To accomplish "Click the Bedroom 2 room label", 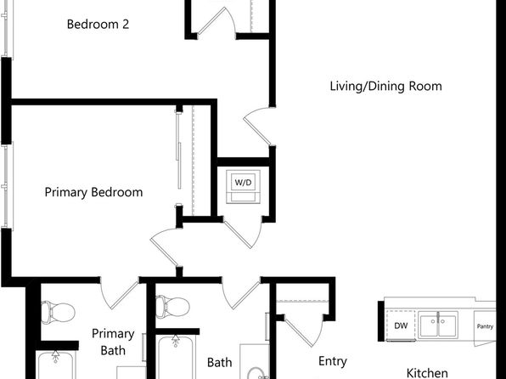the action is pos(98,25).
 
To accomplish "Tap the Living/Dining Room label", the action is pos(385,87).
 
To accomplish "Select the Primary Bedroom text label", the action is pos(93,192).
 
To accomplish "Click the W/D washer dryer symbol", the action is pos(243,187).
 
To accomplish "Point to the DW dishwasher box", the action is pos(401,325).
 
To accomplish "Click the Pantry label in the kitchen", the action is pos(485,326).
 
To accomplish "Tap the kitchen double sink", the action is pos(438,325).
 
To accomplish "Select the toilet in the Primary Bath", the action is pos(58,313).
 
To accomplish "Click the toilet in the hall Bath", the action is pos(172,307).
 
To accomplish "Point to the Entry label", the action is pos(333,361).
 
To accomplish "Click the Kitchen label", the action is pos(426,373).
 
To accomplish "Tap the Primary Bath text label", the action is pos(113,342).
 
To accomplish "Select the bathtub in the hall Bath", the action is pos(176,357).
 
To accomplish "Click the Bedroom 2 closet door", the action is pos(216,20).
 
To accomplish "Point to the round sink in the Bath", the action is pos(256,373).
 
